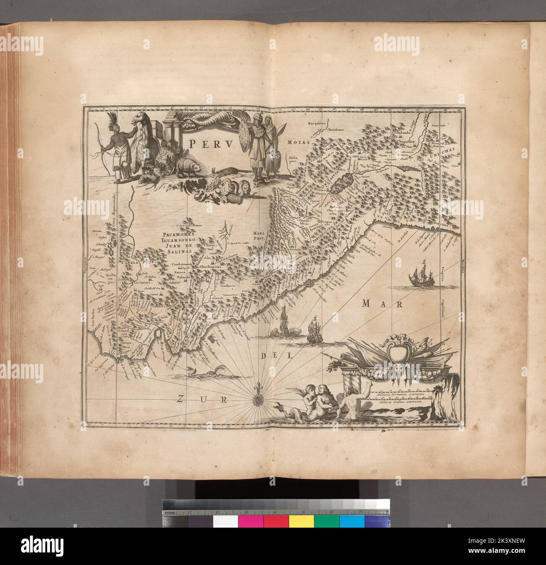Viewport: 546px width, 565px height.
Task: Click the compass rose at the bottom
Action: pyautogui.click(x=257, y=399)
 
